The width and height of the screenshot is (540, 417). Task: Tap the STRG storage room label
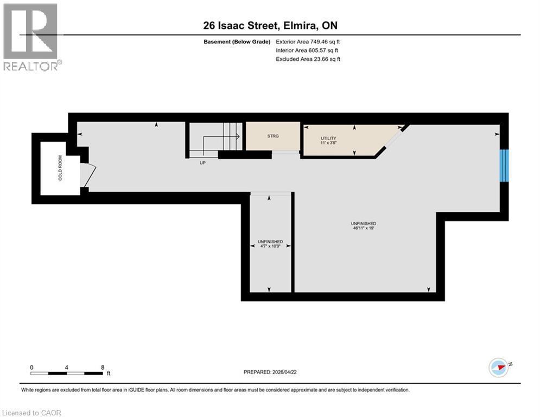tap(273, 136)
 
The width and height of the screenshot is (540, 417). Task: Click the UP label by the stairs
tap(202, 162)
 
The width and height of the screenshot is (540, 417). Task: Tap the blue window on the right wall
tap(504, 165)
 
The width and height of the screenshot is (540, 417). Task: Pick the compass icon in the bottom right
tap(498, 367)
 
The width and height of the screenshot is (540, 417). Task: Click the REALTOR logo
tap(31, 37)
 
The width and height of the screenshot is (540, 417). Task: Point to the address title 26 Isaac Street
tap(270, 26)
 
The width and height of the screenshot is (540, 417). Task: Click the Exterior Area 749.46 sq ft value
tap(308, 41)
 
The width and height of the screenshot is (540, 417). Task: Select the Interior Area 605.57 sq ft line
tap(308, 50)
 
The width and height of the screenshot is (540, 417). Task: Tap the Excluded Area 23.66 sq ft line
tap(308, 59)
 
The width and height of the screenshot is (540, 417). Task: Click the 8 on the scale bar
tap(102, 367)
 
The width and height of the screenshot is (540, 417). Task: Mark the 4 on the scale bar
tap(66, 367)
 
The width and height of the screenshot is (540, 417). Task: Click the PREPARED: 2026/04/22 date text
tap(271, 372)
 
